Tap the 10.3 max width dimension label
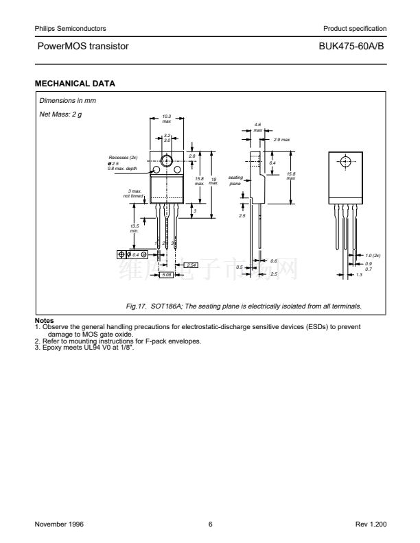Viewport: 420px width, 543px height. coord(166,119)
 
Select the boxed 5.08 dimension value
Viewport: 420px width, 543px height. coord(166,275)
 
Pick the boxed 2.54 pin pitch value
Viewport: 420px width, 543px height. coord(191,265)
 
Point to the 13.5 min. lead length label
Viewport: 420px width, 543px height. coord(135,228)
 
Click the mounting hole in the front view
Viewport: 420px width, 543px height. coord(166,162)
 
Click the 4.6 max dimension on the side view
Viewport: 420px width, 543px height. coord(257,126)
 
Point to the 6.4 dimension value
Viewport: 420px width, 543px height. coord(272,162)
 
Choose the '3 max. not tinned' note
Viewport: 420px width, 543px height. coord(133,193)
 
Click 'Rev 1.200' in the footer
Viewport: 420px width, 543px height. coord(371,524)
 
